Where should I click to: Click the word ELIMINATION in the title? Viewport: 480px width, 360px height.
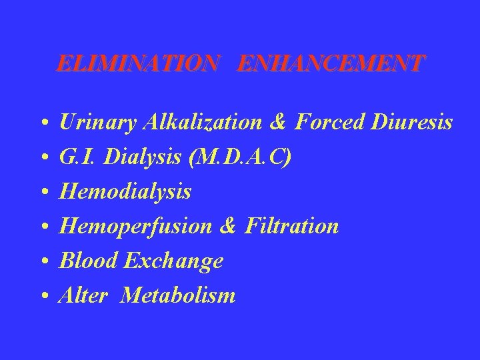137,64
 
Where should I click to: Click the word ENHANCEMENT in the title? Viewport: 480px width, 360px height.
330,64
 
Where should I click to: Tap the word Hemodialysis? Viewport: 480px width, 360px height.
125,193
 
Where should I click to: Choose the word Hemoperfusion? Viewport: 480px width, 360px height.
135,227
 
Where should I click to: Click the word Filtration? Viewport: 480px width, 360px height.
291,227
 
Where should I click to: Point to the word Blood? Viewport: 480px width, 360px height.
85,261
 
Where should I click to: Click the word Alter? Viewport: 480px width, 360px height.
83,295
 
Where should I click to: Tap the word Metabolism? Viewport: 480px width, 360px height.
178,295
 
